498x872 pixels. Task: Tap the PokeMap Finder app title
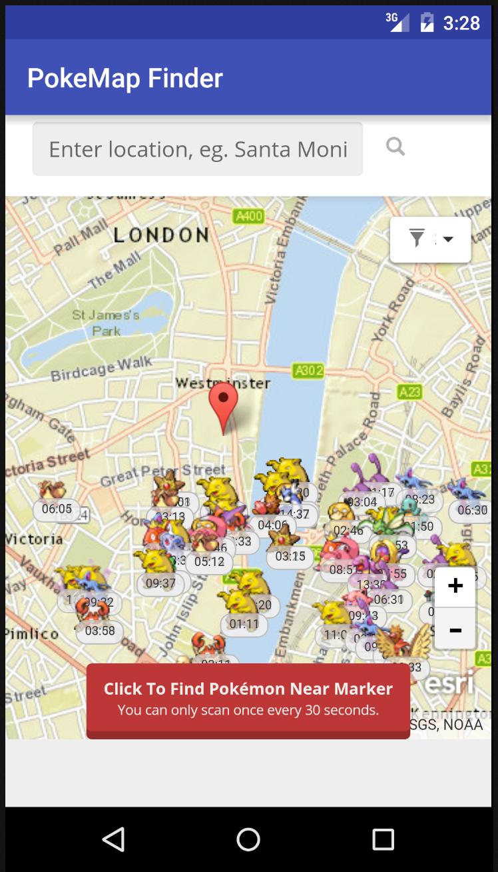click(x=125, y=78)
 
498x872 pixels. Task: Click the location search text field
click(x=198, y=149)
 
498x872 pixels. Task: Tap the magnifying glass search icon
click(x=395, y=147)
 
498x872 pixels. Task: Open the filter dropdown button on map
click(x=430, y=239)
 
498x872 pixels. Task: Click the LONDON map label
click(x=161, y=235)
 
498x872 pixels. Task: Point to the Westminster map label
click(x=222, y=383)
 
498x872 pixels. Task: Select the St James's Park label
click(x=106, y=322)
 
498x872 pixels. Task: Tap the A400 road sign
click(x=249, y=216)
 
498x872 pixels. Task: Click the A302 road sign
click(x=308, y=371)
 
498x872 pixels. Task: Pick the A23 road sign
click(x=410, y=391)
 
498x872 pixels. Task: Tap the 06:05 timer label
click(x=57, y=509)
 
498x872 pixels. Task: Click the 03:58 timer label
click(x=100, y=631)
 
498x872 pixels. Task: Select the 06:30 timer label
click(x=472, y=510)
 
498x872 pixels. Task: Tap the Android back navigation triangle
click(x=114, y=839)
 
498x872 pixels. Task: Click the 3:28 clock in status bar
click(x=461, y=23)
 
